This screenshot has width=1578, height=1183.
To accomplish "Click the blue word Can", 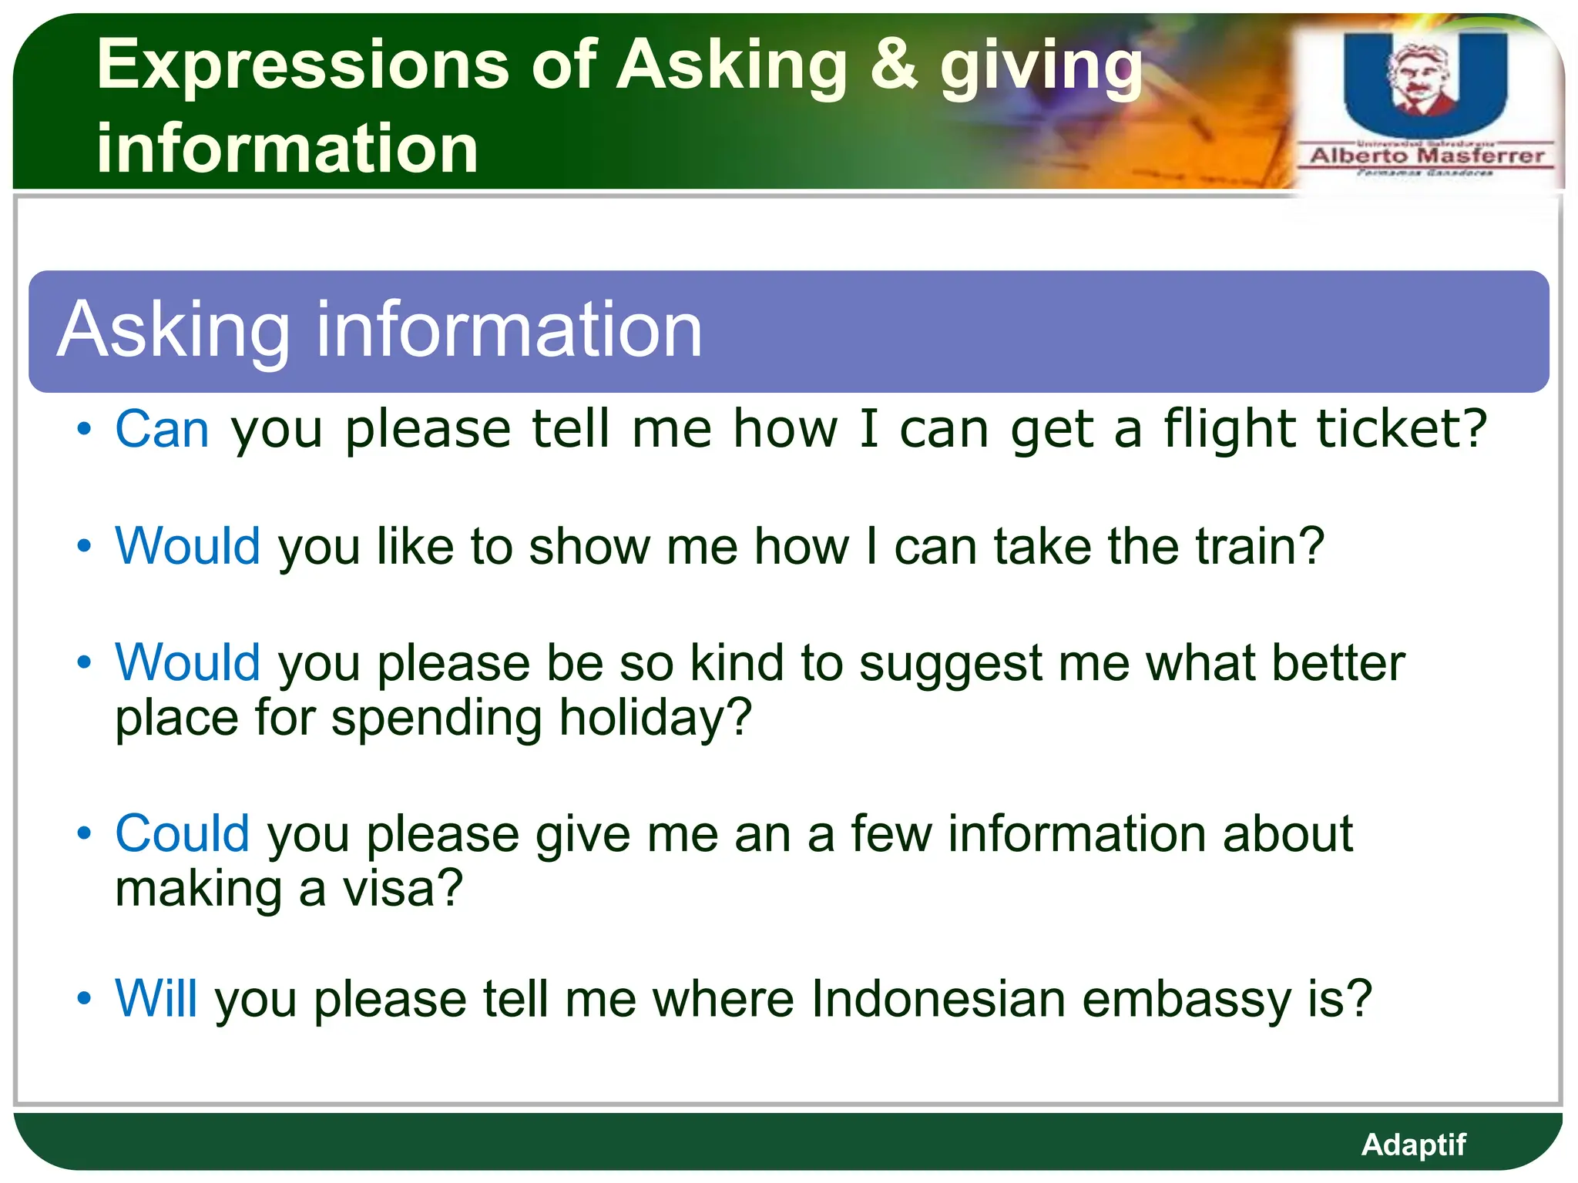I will [162, 429].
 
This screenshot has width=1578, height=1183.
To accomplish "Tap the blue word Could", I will [182, 834].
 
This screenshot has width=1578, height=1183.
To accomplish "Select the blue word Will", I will [156, 999].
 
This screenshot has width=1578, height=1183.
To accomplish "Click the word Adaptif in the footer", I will [1413, 1144].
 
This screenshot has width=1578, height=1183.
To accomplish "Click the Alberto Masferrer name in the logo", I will [1427, 156].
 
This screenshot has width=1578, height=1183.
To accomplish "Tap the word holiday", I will [655, 718].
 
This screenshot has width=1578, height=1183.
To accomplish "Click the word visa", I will [402, 889].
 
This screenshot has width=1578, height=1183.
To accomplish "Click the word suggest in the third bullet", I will [950, 664].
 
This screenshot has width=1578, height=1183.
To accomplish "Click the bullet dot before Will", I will [84, 999].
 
